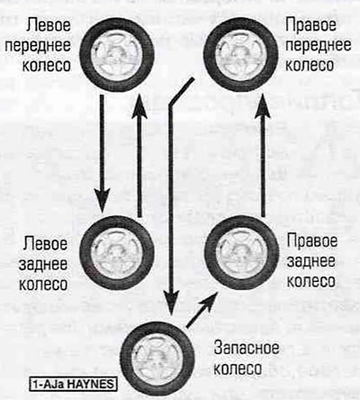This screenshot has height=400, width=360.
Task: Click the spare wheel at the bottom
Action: pyautogui.click(x=157, y=357)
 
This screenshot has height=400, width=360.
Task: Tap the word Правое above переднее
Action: pyautogui.click(x=310, y=24)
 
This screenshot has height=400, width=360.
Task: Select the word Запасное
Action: pyautogui.click(x=247, y=349)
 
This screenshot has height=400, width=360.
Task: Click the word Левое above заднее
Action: pyautogui.click(x=45, y=243)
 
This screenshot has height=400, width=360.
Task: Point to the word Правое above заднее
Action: pyautogui.click(x=311, y=241)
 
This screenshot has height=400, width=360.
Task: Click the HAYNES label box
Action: pyautogui.click(x=73, y=384)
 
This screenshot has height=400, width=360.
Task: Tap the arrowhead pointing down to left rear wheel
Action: pyautogui.click(x=102, y=200)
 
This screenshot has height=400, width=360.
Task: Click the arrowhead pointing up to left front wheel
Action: pyautogui.click(x=139, y=105)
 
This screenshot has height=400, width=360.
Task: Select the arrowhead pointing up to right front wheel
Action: pyautogui.click(x=264, y=105)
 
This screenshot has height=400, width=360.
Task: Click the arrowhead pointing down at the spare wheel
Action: pyautogui.click(x=170, y=303)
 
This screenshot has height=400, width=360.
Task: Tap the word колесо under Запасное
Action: pyautogui.click(x=237, y=368)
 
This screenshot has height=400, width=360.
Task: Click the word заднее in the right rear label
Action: pyautogui.click(x=310, y=261)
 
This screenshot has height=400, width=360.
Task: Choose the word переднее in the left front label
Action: pyautogui.click(x=38, y=45)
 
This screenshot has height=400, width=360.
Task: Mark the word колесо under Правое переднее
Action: pyautogui.click(x=309, y=65)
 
